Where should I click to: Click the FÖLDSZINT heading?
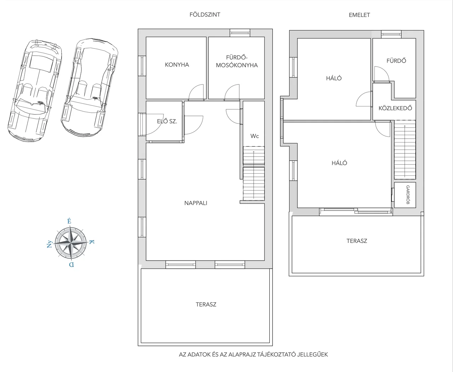205,14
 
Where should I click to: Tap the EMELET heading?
359,15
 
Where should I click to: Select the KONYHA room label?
177,65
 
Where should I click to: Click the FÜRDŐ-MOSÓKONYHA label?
237,62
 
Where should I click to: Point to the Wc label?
254,136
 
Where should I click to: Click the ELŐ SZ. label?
167,121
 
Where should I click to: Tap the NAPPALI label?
196,203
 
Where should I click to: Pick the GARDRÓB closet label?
408,195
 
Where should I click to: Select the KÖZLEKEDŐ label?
395,108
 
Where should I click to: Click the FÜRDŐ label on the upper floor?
396,61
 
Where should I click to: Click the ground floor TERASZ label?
206,304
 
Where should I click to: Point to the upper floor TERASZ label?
357,241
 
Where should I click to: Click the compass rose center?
71,243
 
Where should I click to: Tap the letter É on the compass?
69,221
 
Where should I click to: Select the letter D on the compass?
71,265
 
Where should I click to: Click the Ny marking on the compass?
50,244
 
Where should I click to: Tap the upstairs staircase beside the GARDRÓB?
405,150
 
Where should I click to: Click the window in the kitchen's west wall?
142,66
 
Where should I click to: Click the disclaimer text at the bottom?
253,354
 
